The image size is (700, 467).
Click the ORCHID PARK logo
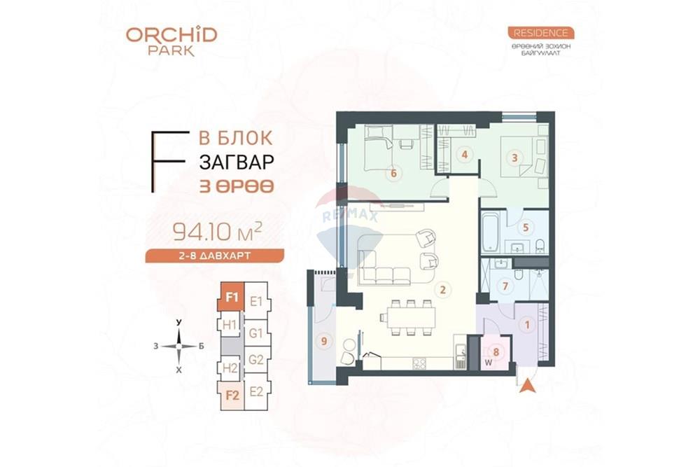[x=171, y=42]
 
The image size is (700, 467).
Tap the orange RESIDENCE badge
[x=540, y=33]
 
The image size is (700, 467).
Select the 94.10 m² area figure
[x=217, y=231]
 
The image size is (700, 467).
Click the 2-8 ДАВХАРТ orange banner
[x=215, y=256]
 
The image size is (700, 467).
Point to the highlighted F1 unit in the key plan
[x=231, y=296]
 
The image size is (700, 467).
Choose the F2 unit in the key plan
[x=231, y=396]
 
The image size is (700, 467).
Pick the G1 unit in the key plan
[x=255, y=333]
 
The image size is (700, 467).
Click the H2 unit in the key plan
[x=230, y=368]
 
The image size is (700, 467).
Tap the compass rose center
[x=178, y=346]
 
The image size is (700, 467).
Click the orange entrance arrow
[x=527, y=385]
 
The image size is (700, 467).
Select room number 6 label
[x=393, y=173]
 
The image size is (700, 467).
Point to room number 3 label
[x=514, y=158]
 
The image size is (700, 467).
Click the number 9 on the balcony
[x=324, y=342]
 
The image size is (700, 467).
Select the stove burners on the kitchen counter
[x=419, y=363]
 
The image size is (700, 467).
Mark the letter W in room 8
[x=489, y=363]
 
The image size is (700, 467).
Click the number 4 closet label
[x=465, y=155]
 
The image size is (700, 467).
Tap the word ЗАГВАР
[x=237, y=162]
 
